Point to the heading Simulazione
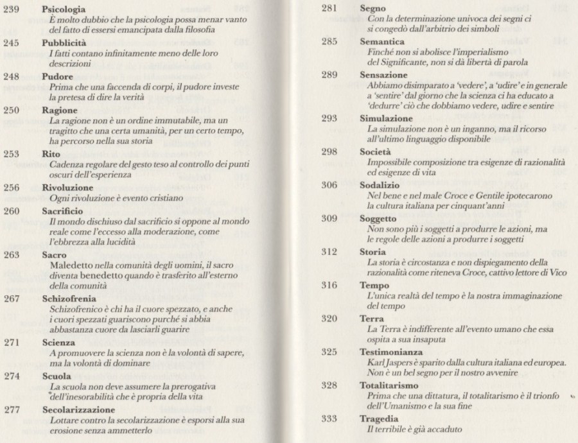click(385, 120)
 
